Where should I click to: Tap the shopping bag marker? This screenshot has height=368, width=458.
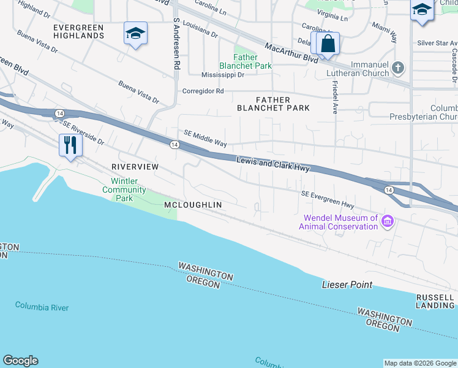(328, 44)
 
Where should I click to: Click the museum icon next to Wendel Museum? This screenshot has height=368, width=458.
(387, 221)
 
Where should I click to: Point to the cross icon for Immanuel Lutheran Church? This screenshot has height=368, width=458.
(399, 68)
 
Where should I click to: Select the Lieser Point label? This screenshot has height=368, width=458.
(347, 285)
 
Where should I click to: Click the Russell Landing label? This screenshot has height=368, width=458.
(435, 301)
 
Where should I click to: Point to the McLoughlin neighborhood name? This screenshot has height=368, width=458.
(192, 204)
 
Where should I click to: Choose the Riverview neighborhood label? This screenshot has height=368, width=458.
(135, 167)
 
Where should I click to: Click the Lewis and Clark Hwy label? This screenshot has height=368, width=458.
(273, 164)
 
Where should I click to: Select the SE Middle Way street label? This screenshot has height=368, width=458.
(205, 139)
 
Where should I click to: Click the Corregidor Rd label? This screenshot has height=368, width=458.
(203, 91)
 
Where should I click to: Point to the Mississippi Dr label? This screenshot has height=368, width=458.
(223, 75)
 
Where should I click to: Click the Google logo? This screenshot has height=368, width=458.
(20, 361)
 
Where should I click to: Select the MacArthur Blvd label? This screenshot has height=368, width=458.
(291, 53)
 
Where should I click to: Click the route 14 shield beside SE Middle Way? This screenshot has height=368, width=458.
(175, 144)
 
